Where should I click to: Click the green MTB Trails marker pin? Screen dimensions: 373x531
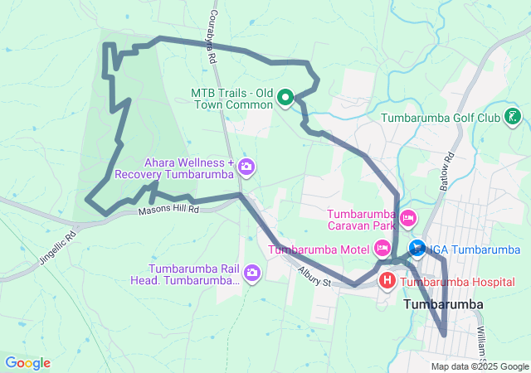pos(285,99)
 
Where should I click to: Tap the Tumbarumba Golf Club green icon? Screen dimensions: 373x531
pos(514,118)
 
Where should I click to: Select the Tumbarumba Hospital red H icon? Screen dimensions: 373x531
pos(387,282)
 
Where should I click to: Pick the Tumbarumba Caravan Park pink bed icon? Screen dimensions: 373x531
pos(407,218)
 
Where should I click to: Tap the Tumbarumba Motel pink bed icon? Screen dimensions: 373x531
pos(382,248)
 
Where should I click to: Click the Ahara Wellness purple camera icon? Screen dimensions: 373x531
pos(246,167)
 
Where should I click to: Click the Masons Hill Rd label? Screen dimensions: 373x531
pos(169,210)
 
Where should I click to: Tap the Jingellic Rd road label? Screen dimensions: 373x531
pos(57,246)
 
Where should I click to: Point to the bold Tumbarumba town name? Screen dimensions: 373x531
pos(443,305)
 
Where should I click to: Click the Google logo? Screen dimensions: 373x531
pos(27,363)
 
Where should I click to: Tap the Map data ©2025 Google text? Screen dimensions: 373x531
pos(479,366)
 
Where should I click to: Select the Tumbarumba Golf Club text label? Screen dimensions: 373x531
pos(441,118)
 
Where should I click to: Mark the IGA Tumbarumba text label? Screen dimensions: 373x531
pos(474,249)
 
